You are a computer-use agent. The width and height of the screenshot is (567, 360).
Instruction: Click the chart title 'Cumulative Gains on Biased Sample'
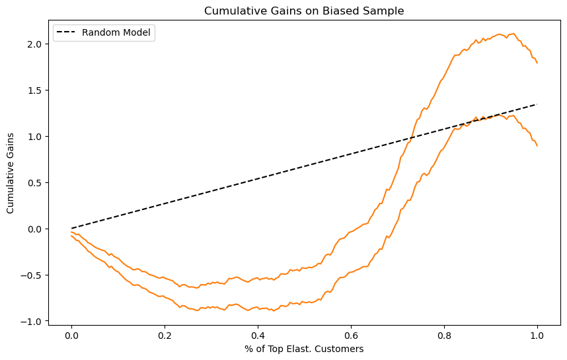(304, 11)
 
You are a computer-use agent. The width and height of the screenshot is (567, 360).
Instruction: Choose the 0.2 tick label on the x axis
(165, 336)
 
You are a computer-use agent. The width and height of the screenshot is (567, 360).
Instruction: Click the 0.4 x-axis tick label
(258, 336)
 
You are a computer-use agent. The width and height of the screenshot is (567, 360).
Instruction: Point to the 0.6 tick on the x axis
(351, 336)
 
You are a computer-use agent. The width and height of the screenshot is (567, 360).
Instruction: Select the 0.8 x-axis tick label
(444, 336)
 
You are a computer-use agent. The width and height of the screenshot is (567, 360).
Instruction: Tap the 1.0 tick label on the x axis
(537, 336)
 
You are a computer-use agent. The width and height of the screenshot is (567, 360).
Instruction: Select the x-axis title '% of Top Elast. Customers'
(304, 349)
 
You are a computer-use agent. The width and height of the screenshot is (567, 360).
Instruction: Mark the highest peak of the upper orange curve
(500, 34)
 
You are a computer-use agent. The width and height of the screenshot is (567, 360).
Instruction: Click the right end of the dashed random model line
(537, 104)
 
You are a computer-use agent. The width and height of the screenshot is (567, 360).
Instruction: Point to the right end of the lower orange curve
(537, 145)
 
